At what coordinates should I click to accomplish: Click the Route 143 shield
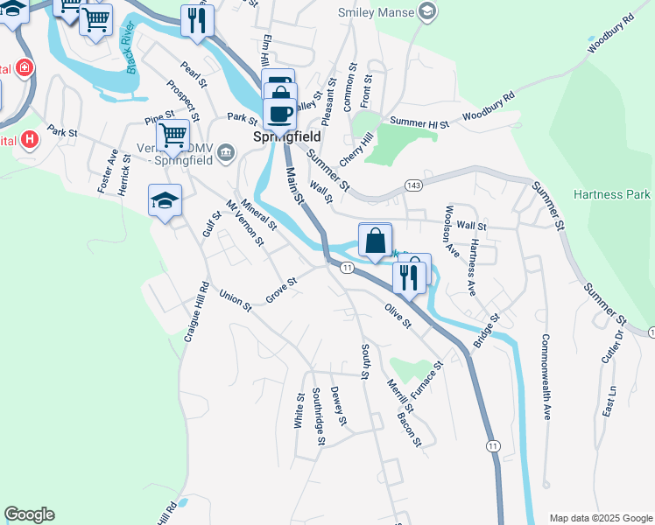pyautogui.click(x=414, y=185)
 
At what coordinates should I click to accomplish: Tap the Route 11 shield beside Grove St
pyautogui.click(x=347, y=267)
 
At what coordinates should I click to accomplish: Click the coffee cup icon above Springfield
pyautogui.click(x=279, y=114)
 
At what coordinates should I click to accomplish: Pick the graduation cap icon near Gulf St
pyautogui.click(x=165, y=200)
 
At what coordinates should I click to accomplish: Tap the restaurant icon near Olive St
pyautogui.click(x=410, y=277)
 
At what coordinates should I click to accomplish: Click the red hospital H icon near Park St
pyautogui.click(x=30, y=138)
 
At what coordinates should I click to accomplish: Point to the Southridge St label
pyautogui.click(x=320, y=415)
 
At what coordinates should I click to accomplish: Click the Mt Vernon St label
pyautogui.click(x=244, y=222)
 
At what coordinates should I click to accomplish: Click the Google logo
pyautogui.click(x=29, y=514)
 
